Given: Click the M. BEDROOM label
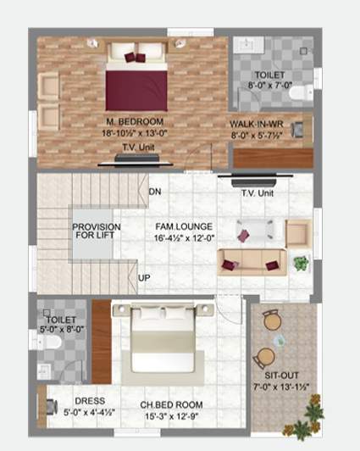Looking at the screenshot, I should click(x=135, y=122).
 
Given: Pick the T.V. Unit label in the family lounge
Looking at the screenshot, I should click(x=258, y=194).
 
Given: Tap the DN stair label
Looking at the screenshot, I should click(x=154, y=192).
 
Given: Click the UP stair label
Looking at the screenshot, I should click(x=145, y=278).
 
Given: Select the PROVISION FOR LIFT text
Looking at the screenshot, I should click(x=96, y=232).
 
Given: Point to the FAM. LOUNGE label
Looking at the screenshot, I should click(x=183, y=226).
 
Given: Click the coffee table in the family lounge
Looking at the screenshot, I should click(x=254, y=231).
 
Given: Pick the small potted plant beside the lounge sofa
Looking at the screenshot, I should click(x=300, y=263).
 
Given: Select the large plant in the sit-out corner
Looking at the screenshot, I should click(x=313, y=415).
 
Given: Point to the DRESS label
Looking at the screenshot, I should click(x=89, y=401).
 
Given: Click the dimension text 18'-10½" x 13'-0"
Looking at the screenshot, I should click(x=135, y=133).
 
